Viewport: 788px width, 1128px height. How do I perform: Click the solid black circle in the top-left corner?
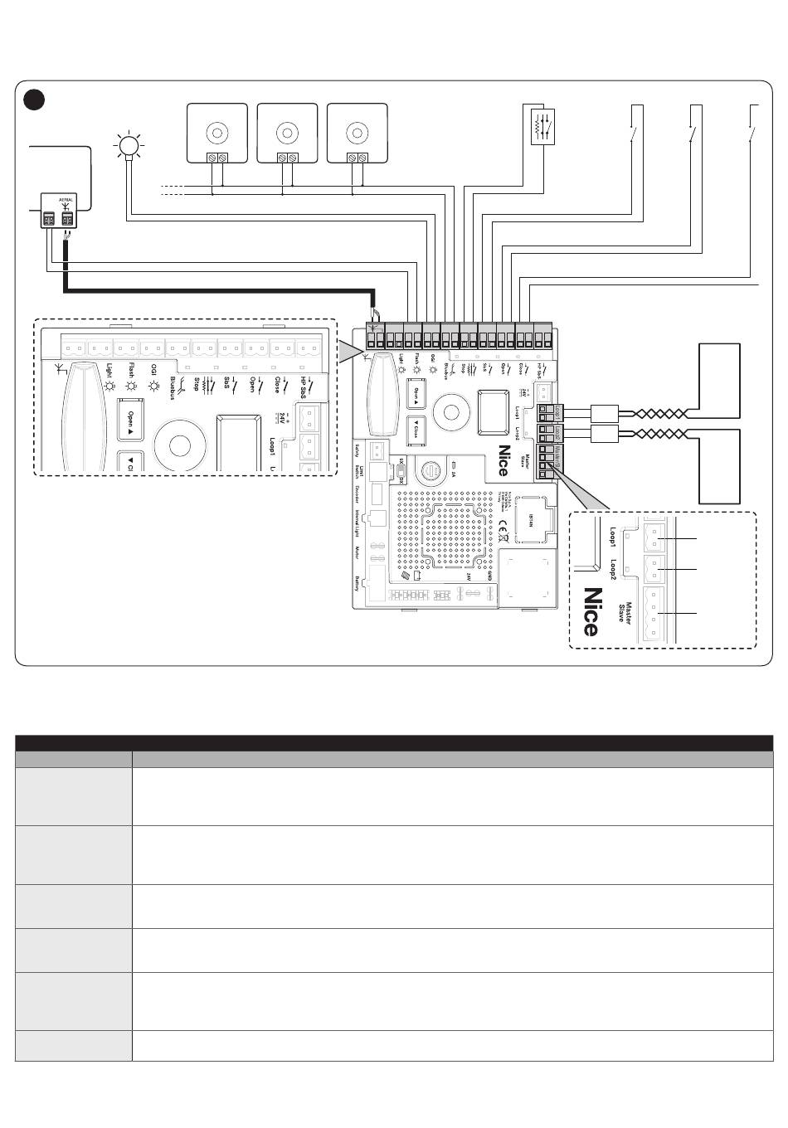[33, 100]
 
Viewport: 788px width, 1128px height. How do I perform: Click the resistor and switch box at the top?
[544, 127]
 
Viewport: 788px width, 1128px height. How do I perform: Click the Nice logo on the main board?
[503, 461]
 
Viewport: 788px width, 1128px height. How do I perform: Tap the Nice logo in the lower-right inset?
[591, 611]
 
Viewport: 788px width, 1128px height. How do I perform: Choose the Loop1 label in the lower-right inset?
[614, 539]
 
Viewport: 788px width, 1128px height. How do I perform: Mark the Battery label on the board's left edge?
[358, 582]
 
